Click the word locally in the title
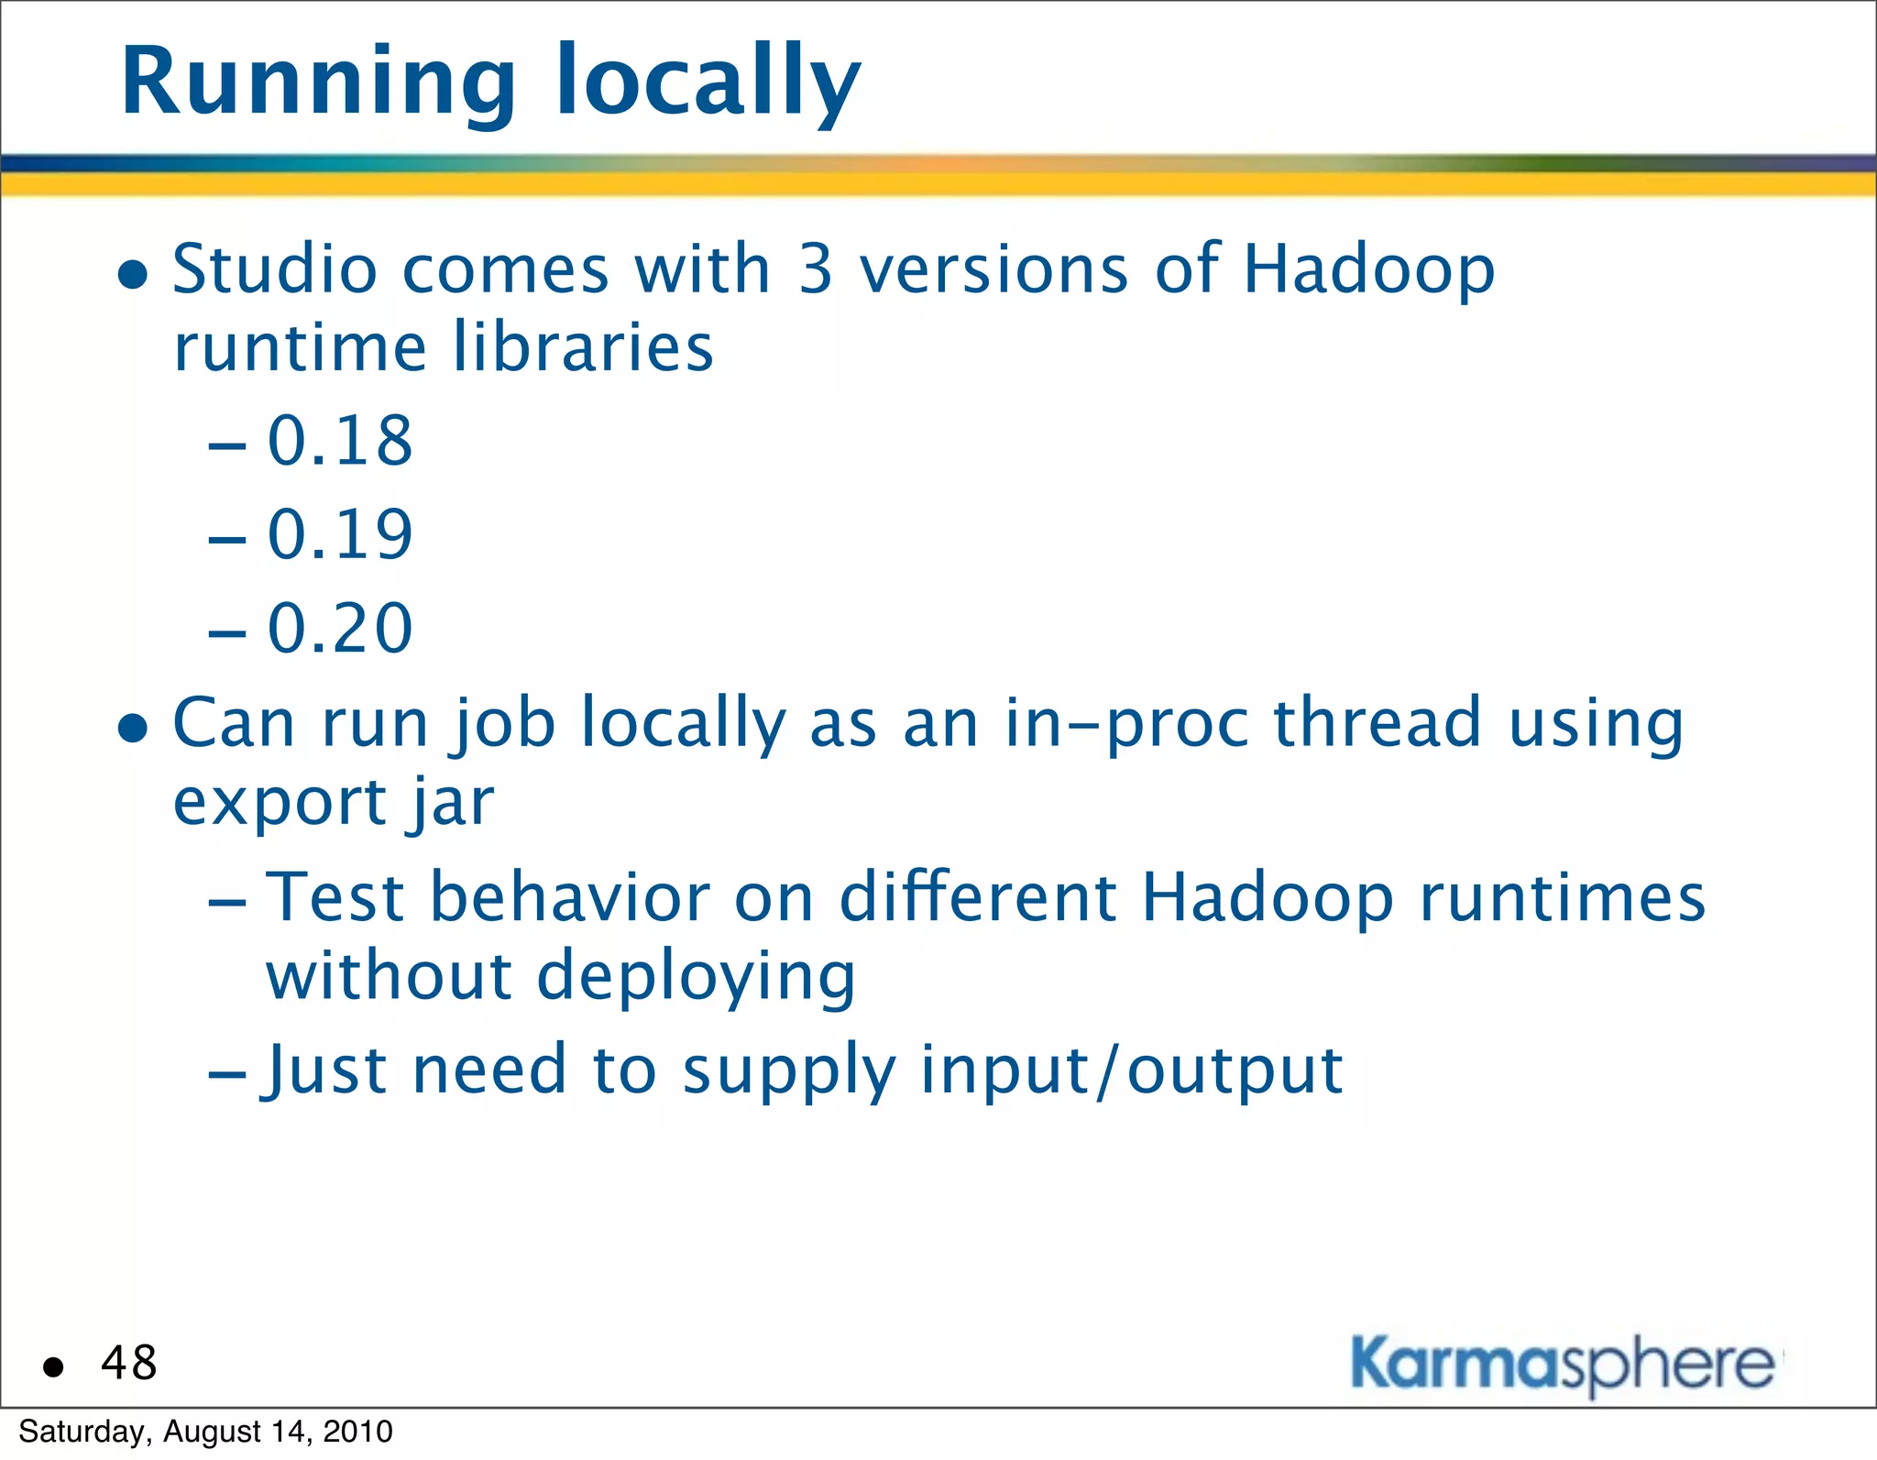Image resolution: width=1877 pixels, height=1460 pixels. tap(708, 84)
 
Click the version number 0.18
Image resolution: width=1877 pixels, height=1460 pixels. tap(340, 441)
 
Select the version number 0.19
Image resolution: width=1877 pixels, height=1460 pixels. tap(340, 534)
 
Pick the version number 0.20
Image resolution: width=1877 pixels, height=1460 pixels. tap(340, 629)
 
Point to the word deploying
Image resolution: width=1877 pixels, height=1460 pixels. tap(696, 978)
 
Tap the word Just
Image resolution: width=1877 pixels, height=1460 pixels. tap(324, 1071)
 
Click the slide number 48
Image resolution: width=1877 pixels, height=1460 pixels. tap(129, 1363)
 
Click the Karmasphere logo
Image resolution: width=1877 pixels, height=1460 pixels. tap(1563, 1366)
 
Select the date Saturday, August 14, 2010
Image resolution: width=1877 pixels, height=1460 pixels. tap(205, 1432)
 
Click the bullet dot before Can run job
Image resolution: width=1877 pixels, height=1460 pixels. tap(134, 728)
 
